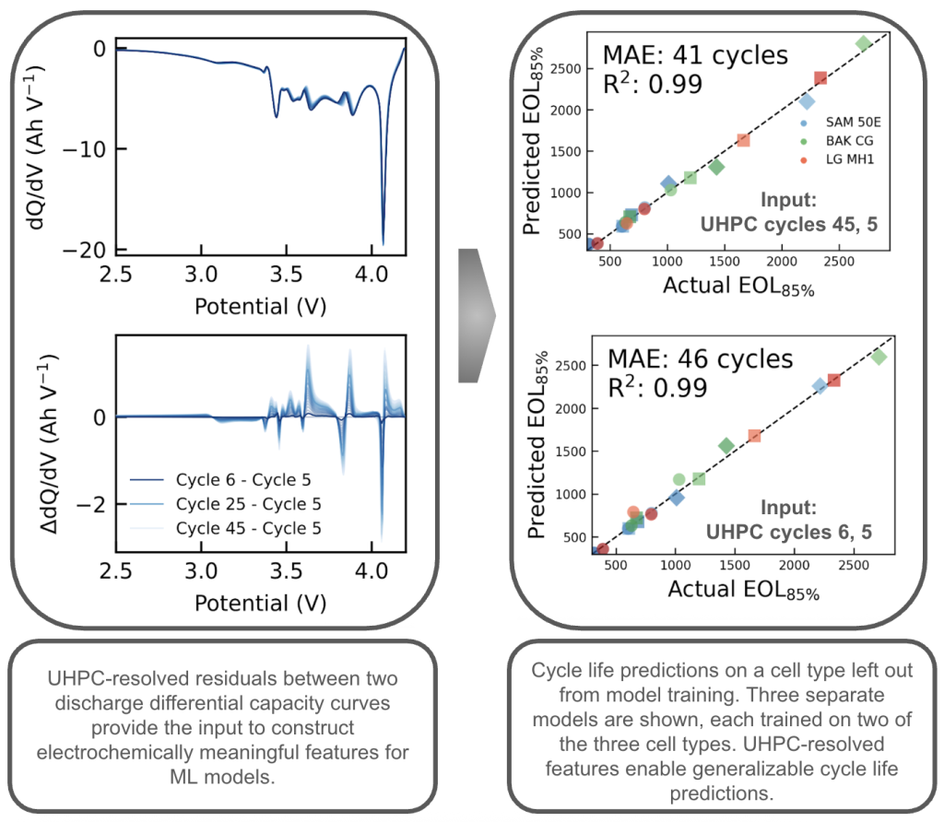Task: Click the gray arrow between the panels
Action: (x=476, y=314)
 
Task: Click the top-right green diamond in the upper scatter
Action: (x=863, y=43)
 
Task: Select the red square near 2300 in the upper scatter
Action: (x=820, y=78)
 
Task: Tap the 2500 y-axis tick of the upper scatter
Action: (x=564, y=69)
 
